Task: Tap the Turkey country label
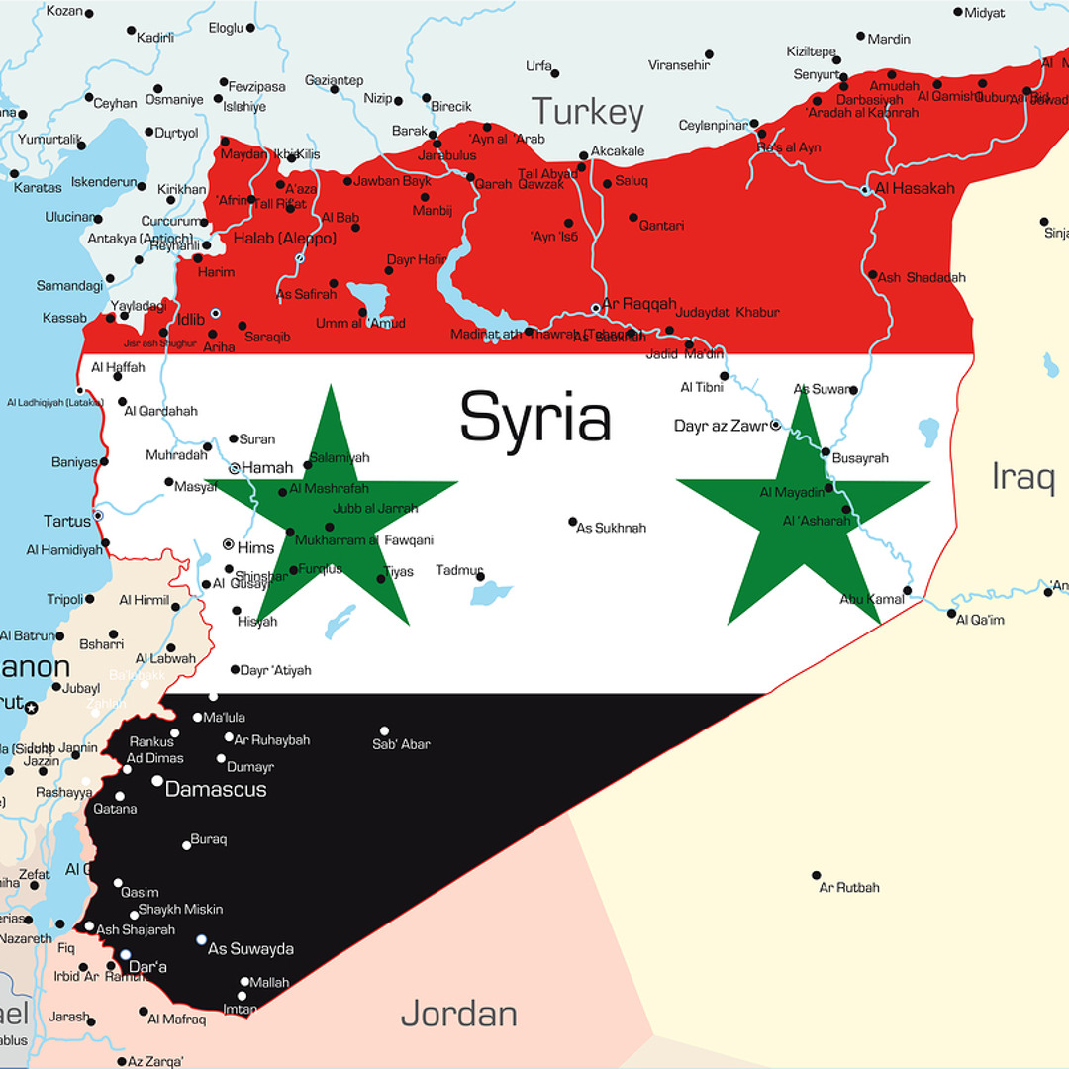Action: click(x=587, y=112)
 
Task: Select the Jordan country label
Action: click(x=458, y=1014)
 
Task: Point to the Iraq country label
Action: click(x=1023, y=476)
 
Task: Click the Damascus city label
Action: click(x=216, y=790)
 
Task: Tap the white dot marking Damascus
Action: click(x=157, y=781)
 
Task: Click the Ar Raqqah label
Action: click(x=639, y=304)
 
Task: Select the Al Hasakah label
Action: click(x=915, y=188)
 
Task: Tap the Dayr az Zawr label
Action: click(x=721, y=426)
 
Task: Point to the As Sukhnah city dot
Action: click(x=572, y=521)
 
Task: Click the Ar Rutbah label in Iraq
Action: click(x=849, y=887)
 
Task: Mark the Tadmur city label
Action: click(x=459, y=570)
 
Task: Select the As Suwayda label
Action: click(x=250, y=948)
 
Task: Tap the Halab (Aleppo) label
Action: click(x=285, y=238)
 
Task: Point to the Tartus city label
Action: click(x=66, y=520)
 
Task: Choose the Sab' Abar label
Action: click(x=401, y=744)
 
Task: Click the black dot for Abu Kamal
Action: click(x=907, y=590)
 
